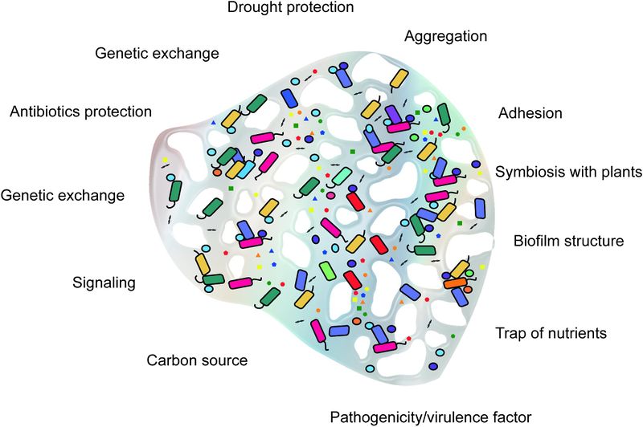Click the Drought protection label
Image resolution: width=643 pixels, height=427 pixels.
(289, 8)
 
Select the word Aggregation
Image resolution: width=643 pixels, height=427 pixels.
(445, 36)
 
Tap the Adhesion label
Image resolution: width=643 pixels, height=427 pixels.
(530, 112)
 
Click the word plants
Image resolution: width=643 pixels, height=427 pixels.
(620, 173)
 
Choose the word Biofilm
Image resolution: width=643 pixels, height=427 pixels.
(537, 241)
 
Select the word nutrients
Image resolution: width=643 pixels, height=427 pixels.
(573, 332)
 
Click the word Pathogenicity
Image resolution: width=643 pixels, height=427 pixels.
(378, 417)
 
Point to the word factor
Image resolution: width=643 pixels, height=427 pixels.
(512, 417)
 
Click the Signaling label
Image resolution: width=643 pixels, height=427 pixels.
(104, 283)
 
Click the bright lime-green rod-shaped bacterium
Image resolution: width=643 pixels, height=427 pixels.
(326, 270)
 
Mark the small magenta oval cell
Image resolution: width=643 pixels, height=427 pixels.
(330, 194)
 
